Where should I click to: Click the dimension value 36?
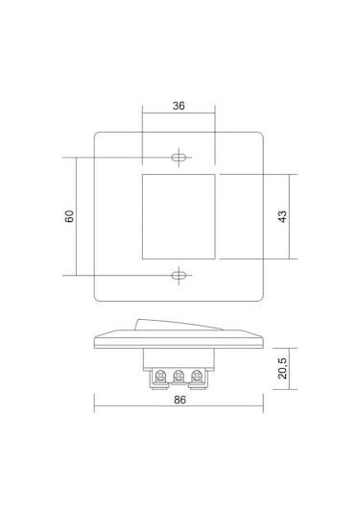pyautogui.click(x=179, y=106)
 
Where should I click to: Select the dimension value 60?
pyautogui.click(x=70, y=216)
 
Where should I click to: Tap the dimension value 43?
pyautogui.click(x=282, y=216)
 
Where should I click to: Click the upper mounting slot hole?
pyautogui.click(x=179, y=157)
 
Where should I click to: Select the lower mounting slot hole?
pyautogui.click(x=179, y=276)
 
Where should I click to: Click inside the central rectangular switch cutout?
pyautogui.click(x=179, y=216)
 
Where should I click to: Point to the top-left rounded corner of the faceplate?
pyautogui.click(x=98, y=134)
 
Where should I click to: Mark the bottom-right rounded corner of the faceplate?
pyautogui.click(x=258, y=298)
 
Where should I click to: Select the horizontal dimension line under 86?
pyautogui.click(x=179, y=409)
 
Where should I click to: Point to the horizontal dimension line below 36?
pyautogui.click(x=179, y=117)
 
